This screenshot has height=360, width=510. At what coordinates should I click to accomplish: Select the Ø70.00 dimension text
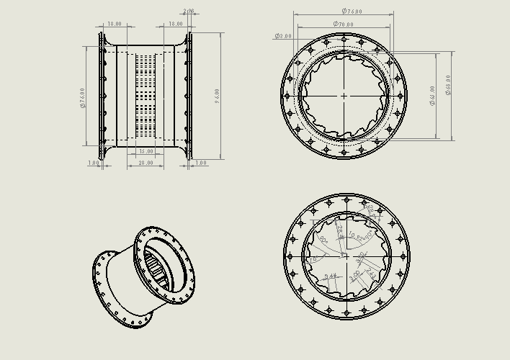[x=343, y=24]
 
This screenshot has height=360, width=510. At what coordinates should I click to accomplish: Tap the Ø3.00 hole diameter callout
[x=283, y=36]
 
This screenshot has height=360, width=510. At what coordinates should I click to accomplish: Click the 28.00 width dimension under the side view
[x=146, y=164]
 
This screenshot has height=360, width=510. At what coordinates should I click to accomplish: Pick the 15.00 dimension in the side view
[x=146, y=152]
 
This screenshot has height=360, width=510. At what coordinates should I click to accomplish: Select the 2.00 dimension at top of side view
[x=189, y=12]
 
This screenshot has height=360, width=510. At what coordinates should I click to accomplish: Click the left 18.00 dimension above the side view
[x=115, y=24]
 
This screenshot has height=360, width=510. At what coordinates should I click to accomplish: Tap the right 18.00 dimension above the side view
[x=175, y=24]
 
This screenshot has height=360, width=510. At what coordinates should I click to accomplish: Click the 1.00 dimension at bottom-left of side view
[x=93, y=163]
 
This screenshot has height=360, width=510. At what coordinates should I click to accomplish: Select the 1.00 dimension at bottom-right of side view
[x=200, y=163]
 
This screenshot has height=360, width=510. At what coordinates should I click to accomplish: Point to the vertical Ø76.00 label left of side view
[x=84, y=97]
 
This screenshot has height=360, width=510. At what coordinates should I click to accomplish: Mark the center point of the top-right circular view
[x=344, y=95]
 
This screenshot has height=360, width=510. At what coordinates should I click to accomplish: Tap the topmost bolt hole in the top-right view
[x=344, y=40]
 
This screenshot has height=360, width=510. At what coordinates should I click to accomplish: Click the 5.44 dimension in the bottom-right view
[x=330, y=276]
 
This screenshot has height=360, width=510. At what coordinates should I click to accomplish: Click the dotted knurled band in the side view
[x=146, y=96]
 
